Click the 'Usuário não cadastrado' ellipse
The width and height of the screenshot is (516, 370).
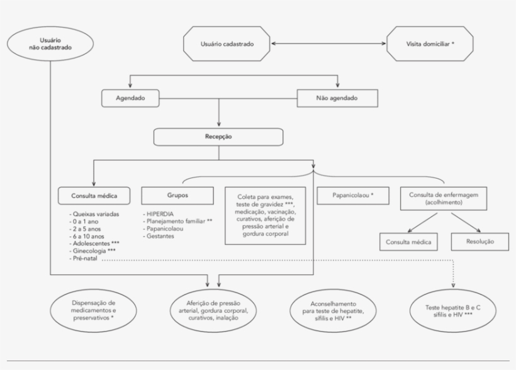tap(50, 43)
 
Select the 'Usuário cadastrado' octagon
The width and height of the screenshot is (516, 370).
tap(227, 44)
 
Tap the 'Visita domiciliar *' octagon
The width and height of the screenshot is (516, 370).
tap(430, 44)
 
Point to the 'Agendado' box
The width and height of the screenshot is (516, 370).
tap(130, 98)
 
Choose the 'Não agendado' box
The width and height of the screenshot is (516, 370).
tap(337, 98)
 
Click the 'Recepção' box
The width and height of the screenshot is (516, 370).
tap(218, 137)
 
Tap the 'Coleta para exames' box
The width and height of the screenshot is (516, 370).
tap(265, 215)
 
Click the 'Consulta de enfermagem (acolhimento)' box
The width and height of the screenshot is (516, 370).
tap(444, 199)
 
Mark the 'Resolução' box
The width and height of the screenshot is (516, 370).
tap(480, 242)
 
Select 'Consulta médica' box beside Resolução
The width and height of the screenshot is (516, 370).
tap(408, 242)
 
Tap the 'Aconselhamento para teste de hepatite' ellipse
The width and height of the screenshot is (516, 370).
tap(325, 310)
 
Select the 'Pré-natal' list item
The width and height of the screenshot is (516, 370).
tap(84, 258)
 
